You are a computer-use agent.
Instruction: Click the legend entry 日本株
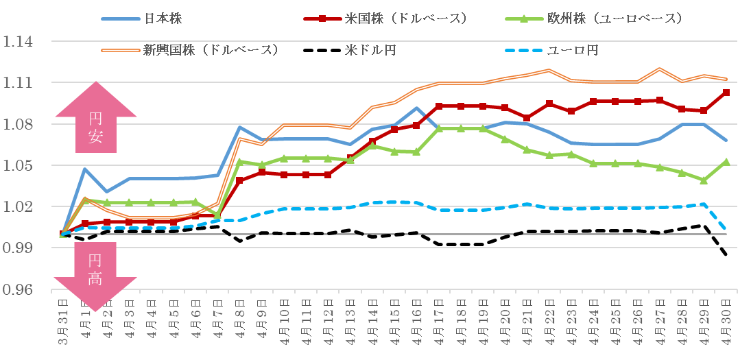141,19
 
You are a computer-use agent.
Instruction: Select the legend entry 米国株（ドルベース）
385,19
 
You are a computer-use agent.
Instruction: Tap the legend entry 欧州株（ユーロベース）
595,19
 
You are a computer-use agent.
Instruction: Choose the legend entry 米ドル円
350,50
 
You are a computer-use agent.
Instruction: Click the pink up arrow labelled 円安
96,117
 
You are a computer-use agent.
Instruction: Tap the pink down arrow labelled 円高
96,276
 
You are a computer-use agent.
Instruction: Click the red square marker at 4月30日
726,93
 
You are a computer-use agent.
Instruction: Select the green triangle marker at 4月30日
726,162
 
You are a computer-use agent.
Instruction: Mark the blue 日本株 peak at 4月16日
417,108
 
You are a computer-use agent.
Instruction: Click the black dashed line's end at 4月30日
726,254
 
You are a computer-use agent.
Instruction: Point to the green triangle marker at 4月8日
239,162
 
